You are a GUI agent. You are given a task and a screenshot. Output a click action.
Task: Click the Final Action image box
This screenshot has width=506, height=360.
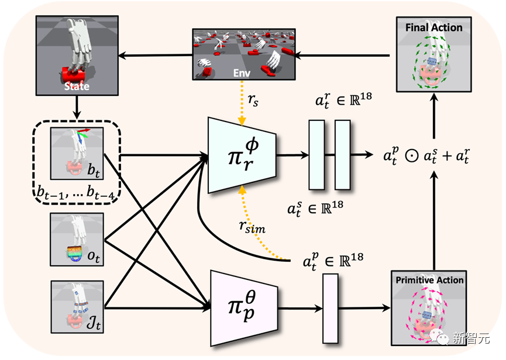433,54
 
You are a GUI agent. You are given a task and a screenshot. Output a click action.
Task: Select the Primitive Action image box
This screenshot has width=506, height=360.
429,308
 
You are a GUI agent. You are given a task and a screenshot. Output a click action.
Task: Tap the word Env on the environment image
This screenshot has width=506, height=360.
242,73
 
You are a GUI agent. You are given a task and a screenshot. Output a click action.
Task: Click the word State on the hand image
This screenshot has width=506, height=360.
77,86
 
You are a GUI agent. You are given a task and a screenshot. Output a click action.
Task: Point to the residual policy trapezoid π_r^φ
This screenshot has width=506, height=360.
242,155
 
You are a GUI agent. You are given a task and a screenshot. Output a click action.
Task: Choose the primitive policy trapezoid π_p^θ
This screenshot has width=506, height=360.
244,308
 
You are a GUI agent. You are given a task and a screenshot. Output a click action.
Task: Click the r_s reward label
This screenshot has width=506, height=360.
253,100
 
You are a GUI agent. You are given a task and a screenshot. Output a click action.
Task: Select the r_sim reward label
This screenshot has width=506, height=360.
252,227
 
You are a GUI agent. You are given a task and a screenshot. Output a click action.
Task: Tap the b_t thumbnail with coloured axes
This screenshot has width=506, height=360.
77,154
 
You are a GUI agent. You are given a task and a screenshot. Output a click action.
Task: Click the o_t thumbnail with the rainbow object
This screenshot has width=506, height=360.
77,240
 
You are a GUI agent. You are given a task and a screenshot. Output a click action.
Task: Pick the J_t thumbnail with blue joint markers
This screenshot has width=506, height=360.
77,307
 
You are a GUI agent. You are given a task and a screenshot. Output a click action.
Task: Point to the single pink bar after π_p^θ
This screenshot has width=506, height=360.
331,309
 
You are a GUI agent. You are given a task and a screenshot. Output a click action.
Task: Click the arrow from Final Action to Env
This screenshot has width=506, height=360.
342,56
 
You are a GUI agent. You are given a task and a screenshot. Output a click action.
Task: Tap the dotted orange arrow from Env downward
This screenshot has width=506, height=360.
242,103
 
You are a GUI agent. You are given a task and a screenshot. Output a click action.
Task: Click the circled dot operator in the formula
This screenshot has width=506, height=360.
412,156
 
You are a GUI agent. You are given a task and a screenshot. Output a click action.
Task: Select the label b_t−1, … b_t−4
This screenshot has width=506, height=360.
75,192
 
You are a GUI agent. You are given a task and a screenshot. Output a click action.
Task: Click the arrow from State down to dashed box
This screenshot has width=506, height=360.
77,107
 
